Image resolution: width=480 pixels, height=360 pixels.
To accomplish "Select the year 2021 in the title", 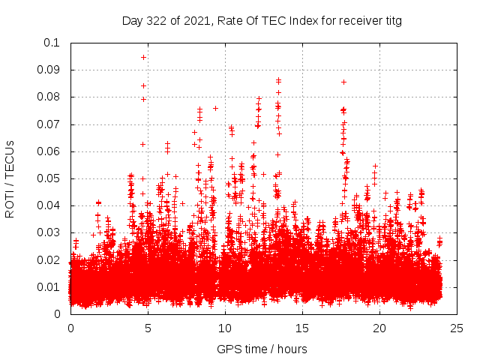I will [194, 21].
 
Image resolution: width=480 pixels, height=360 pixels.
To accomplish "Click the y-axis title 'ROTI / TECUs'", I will [10, 178].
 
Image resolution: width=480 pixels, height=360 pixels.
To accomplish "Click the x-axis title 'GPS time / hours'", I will [262, 349].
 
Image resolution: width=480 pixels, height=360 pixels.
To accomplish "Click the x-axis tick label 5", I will [148, 328].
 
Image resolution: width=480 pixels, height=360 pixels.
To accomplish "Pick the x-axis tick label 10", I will [225, 328].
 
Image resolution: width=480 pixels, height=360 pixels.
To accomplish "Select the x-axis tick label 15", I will [302, 328].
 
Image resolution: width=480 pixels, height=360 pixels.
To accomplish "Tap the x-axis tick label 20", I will [379, 328].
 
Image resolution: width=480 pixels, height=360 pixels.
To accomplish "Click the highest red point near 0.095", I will [143, 57].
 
